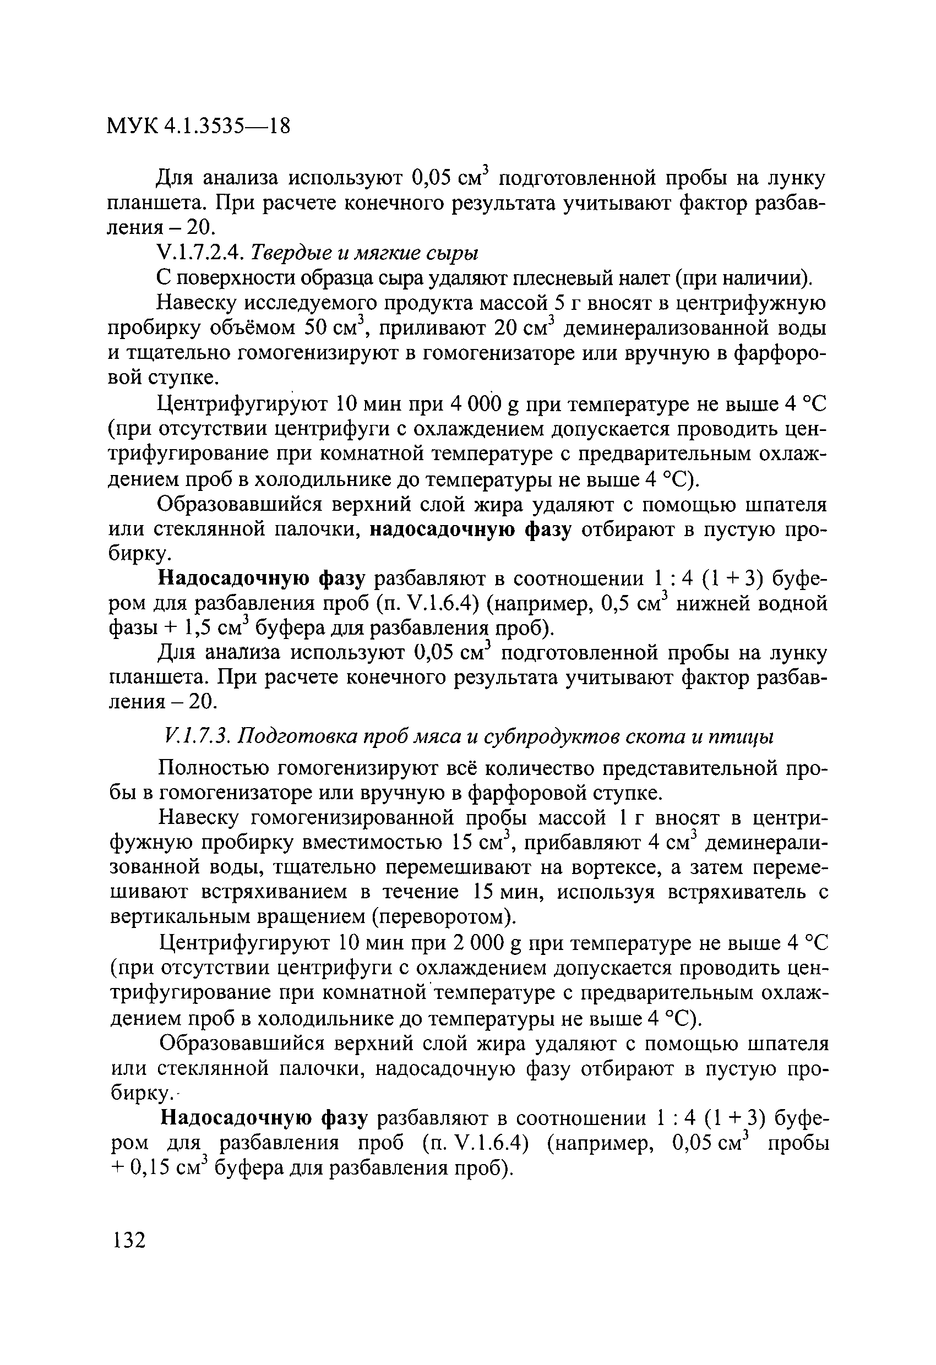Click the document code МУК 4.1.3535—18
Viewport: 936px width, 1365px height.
coord(199,126)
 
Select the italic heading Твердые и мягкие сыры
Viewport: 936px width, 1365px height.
coord(365,253)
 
